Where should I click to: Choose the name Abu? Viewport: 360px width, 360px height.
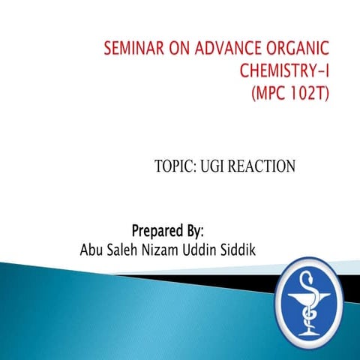click(x=91, y=249)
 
